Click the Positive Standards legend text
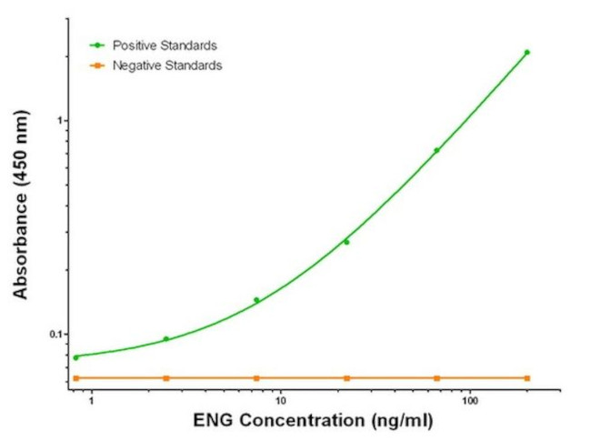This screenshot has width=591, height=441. tap(165, 45)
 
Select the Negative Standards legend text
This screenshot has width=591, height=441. tap(167, 65)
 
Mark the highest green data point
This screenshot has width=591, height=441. tap(526, 53)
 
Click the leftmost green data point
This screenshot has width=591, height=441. tap(76, 357)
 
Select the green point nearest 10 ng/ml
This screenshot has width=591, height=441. tap(256, 300)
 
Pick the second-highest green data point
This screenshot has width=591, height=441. tap(436, 150)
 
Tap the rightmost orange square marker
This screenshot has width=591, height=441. tap(526, 377)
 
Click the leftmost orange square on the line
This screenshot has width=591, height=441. tap(76, 377)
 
